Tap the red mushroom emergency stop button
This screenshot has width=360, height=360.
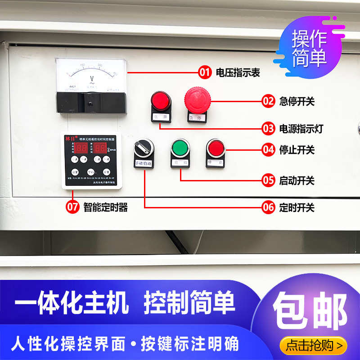(x=197, y=99)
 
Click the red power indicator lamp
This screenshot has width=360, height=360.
(x=160, y=101)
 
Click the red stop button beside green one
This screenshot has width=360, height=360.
(x=216, y=148)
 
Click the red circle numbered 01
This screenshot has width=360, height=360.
(x=205, y=72)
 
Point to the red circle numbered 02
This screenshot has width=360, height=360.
(x=268, y=101)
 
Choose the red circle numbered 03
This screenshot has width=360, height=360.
(x=268, y=128)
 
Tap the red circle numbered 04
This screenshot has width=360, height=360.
(x=268, y=149)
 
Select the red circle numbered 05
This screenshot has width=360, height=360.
(x=268, y=180)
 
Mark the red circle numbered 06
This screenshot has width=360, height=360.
(x=268, y=207)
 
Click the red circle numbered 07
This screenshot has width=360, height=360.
(x=72, y=207)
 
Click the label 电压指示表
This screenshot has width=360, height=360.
(x=238, y=72)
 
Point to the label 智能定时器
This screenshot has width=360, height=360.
(x=106, y=207)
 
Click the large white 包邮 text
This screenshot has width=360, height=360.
(x=310, y=310)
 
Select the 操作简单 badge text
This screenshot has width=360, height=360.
(x=309, y=49)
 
